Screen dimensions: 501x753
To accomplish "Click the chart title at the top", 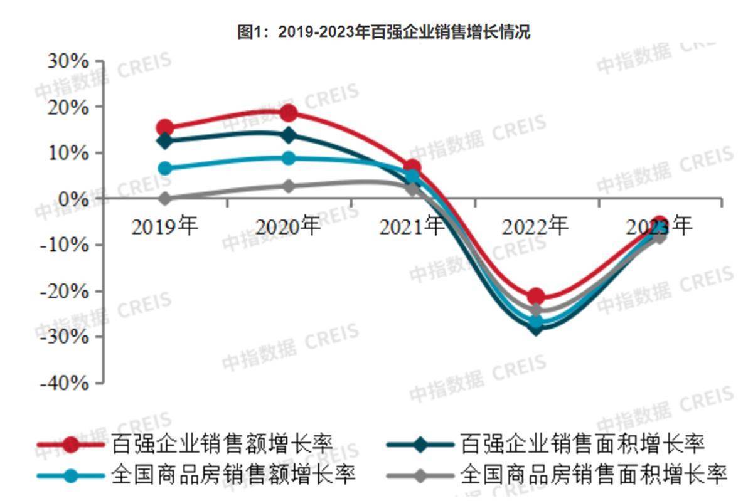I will tap(383, 32).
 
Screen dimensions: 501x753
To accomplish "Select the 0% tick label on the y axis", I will tap(73, 198).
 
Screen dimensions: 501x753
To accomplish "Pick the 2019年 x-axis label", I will tap(164, 225).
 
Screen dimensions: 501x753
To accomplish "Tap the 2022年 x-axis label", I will tap(535, 225).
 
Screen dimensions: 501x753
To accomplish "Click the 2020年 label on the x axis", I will tap(288, 225).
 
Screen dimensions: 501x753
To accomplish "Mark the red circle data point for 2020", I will tap(289, 113).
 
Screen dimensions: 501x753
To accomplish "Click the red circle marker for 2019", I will tap(165, 128).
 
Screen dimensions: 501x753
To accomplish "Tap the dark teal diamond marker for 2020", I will tap(289, 135).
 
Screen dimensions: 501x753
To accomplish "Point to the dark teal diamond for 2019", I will tap(165, 141).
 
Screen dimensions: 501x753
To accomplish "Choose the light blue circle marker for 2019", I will tap(165, 168).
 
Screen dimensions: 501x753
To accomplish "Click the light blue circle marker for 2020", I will tap(289, 158).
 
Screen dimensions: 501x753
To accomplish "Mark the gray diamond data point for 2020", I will tap(289, 186).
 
